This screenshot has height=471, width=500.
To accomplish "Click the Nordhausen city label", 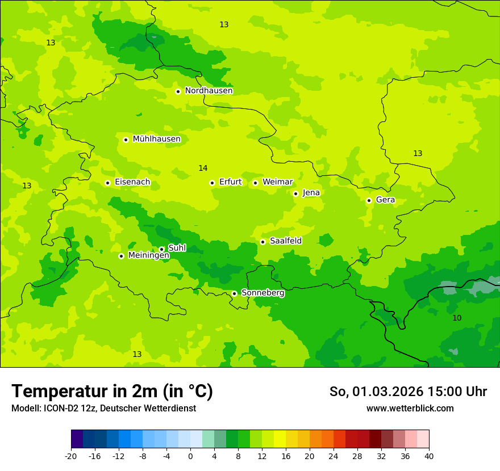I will point(209,91).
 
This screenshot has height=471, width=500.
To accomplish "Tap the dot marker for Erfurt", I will point(212,183).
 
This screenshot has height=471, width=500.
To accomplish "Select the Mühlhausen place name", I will point(156,139).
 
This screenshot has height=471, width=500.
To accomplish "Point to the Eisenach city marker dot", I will point(107,183).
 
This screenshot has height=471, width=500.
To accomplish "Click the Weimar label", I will point(277,182).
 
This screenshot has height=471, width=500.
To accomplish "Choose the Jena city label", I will point(311,193).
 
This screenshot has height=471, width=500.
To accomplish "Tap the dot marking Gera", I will point(369,200).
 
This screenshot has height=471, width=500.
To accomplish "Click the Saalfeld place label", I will point(285,241).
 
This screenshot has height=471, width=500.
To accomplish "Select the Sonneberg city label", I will point(262,293).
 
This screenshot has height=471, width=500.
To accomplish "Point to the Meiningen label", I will point(148,256).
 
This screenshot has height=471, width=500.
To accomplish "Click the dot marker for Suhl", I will point(161,249).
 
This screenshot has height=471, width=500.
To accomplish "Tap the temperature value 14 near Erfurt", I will point(203,168).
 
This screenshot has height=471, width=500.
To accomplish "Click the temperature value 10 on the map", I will point(457,318).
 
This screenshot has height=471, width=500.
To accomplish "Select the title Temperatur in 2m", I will point(112,391).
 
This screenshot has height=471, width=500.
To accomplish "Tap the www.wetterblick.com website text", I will point(410,409).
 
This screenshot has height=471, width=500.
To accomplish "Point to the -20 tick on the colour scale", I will point(71,456).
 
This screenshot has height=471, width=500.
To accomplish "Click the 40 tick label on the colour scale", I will point(428,456).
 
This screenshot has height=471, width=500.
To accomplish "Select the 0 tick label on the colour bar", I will point(190,456).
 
